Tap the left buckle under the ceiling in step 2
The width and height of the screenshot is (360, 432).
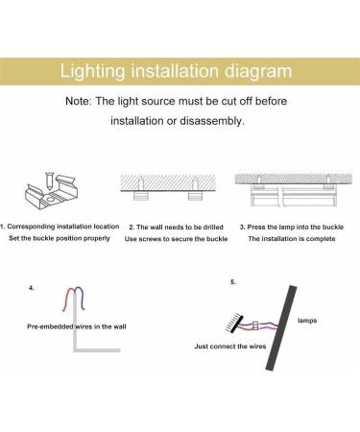tap(141, 194)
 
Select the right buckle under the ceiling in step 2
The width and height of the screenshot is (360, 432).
tap(195, 194)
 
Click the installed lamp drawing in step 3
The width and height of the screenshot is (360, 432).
tap(292, 197)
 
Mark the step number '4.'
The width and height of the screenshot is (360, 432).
tap(33, 287)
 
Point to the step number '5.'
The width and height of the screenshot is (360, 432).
tap(232, 282)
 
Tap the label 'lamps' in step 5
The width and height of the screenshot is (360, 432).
tap(307, 321)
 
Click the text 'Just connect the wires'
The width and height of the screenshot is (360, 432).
tap(230, 346)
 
